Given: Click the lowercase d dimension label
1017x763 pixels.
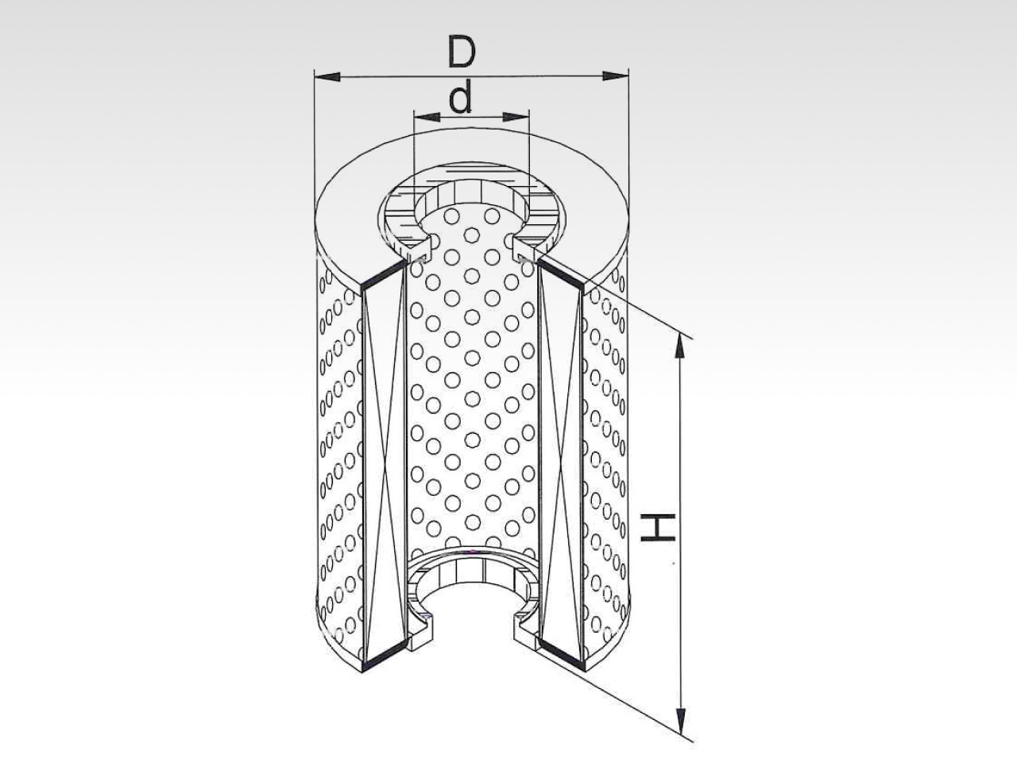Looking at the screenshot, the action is point(461,97).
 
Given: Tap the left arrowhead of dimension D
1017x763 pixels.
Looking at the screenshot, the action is point(327,76).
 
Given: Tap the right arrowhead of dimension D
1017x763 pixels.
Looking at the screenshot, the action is point(615,76).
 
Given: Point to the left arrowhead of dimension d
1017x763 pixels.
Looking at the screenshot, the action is point(426,117).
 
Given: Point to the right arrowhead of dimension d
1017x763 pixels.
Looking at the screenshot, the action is point(516,117).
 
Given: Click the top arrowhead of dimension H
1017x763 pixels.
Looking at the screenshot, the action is point(680,346).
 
